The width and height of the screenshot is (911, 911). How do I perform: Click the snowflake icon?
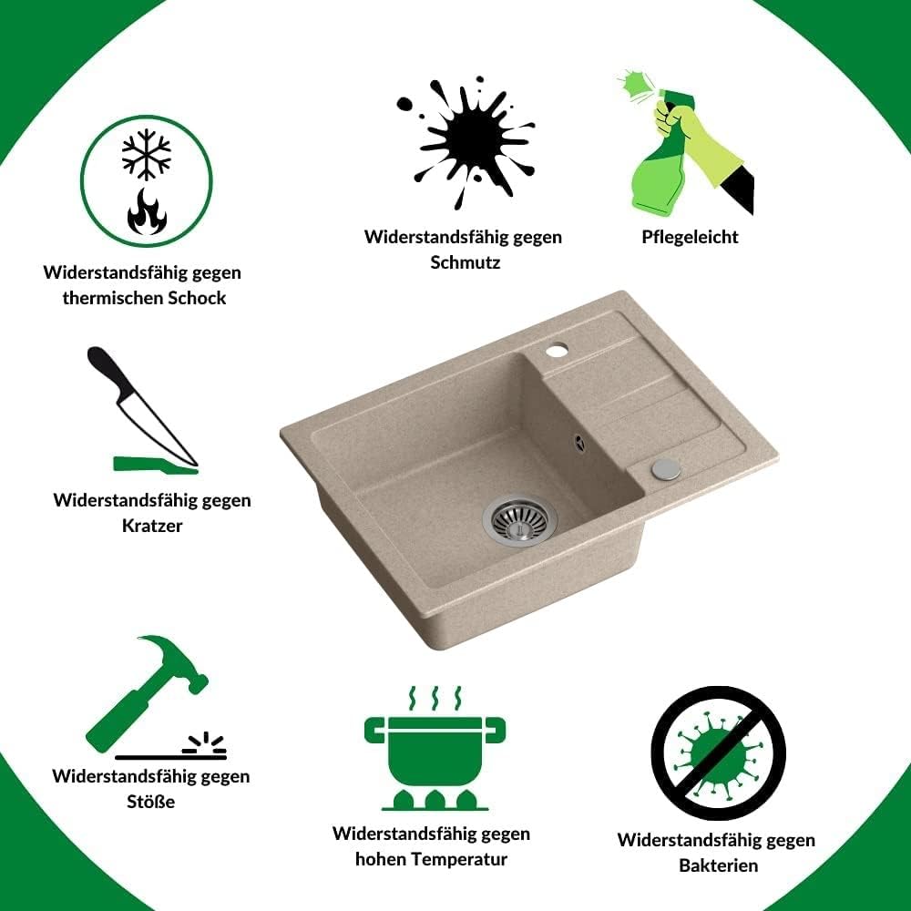[147, 154]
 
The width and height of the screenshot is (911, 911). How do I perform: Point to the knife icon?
[143, 406]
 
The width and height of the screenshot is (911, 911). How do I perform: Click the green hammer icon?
[148, 693]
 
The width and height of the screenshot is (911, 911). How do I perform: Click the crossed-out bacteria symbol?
[718, 753]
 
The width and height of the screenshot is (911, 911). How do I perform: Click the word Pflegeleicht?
[690, 237]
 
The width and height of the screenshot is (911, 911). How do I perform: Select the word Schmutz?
[466, 262]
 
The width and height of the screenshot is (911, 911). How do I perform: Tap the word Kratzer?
[152, 526]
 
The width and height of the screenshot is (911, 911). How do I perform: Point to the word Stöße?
[150, 801]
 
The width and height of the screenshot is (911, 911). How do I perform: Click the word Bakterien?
[718, 865]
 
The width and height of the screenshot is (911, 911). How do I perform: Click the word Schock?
[197, 298]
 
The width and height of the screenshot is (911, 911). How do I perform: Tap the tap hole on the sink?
[557, 350]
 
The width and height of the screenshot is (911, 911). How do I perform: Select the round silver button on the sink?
[666, 469]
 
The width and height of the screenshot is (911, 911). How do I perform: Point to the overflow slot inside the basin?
[579, 443]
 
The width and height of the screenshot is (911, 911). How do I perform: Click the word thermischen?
[113, 298]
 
